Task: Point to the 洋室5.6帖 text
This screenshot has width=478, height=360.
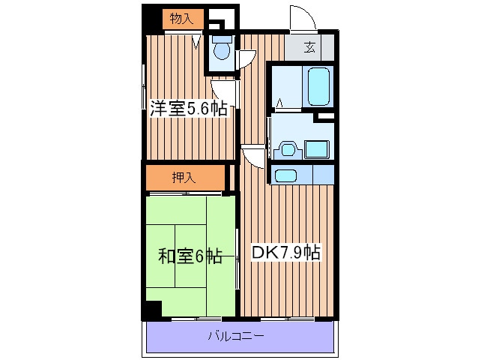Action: (188, 109)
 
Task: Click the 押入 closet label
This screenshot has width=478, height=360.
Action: (184, 178)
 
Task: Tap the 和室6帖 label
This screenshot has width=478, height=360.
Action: (189, 256)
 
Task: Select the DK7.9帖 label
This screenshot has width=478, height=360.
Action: (285, 253)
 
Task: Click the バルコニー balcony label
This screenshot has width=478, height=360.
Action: (235, 336)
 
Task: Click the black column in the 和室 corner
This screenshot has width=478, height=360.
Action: (152, 309)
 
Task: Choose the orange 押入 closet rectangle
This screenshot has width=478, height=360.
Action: (184, 178)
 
